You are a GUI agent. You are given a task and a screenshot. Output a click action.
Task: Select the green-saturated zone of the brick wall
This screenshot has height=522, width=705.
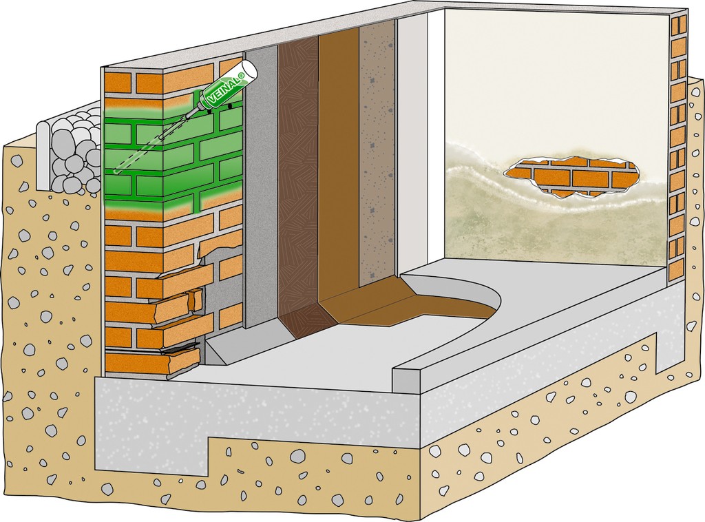coord(172,165)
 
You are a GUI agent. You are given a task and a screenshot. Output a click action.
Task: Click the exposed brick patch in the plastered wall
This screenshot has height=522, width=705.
coord(572,176)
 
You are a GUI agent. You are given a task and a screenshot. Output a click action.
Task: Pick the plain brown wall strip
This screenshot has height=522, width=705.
coord(338,172)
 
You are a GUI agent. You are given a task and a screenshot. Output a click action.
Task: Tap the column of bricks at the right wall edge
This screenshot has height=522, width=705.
coord(678,138)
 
